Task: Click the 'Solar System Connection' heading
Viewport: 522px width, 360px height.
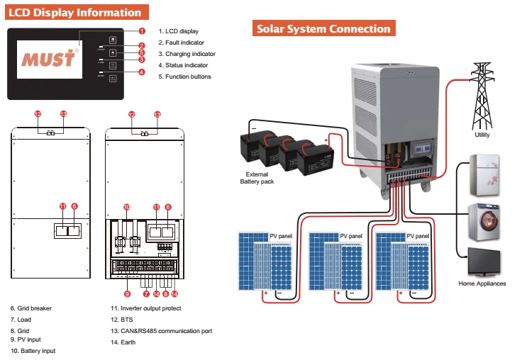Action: coord(323,28)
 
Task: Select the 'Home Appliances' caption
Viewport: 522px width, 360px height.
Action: coord(482,283)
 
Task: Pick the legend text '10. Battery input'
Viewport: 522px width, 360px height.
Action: coord(33,351)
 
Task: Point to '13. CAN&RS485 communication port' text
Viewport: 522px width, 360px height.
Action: coord(161,331)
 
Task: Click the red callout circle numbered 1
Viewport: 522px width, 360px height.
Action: coord(142,30)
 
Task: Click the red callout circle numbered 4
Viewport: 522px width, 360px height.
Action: coord(142,72)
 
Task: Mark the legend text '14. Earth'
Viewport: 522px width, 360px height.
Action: coord(126,342)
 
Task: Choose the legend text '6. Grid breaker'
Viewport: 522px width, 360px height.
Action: coord(31,308)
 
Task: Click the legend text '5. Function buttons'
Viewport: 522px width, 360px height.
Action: coord(184,77)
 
